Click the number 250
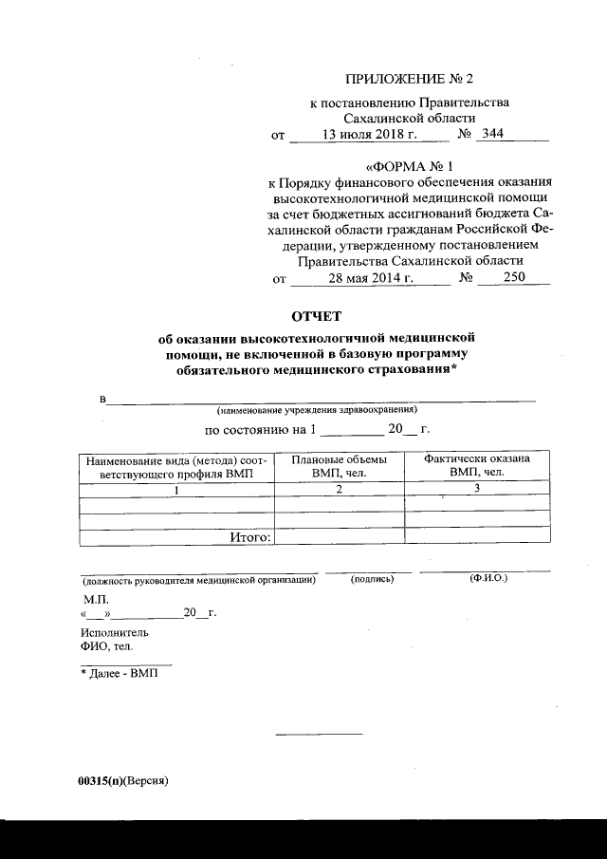click(x=502, y=278)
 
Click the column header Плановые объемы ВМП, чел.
click(x=336, y=465)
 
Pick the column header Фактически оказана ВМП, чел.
click(x=476, y=465)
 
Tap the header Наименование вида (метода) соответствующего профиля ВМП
click(x=176, y=465)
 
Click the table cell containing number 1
click(x=176, y=489)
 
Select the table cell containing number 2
click(x=338, y=489)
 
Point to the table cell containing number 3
click(x=477, y=489)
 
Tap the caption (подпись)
click(x=372, y=579)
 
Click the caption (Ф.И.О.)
click(x=488, y=578)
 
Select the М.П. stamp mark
click(x=96, y=601)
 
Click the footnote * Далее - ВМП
click(x=118, y=673)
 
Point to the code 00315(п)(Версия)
click(x=122, y=779)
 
